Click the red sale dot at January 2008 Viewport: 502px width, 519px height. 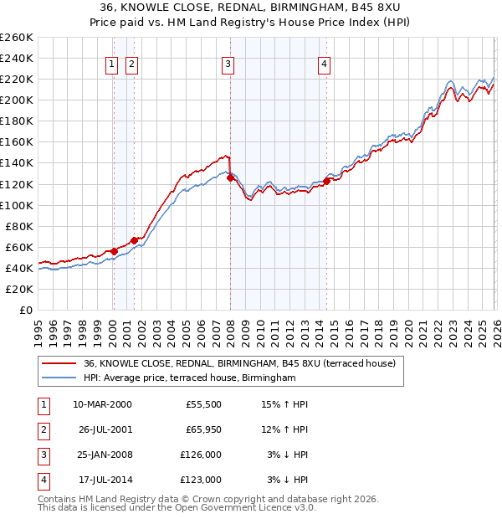[x=230, y=177]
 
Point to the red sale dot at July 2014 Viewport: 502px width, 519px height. [x=326, y=181]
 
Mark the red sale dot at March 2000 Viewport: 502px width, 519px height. [x=114, y=251]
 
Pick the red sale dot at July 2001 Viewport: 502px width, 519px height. [x=134, y=240]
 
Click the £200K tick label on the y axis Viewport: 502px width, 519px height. [x=17, y=100]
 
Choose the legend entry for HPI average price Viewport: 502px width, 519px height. [x=190, y=378]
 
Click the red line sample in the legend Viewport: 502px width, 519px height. [x=59, y=364]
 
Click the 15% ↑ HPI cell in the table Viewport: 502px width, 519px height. [x=285, y=404]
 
